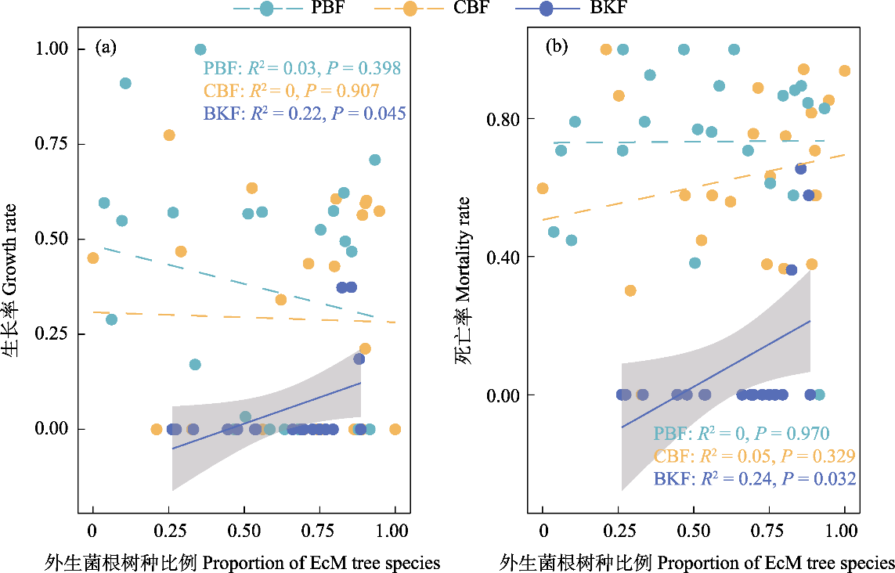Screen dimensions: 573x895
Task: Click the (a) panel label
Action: (106, 48)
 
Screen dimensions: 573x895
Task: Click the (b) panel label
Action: (556, 47)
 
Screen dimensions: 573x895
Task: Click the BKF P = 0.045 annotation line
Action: (305, 114)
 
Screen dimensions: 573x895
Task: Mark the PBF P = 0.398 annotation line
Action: (305, 68)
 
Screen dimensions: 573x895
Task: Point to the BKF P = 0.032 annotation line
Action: (754, 478)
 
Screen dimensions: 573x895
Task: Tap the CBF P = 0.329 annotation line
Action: (754, 456)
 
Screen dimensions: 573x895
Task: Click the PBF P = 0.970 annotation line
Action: (741, 433)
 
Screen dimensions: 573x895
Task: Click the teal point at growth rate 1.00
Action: (200, 49)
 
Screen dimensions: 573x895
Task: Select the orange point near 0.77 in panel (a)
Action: (169, 135)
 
